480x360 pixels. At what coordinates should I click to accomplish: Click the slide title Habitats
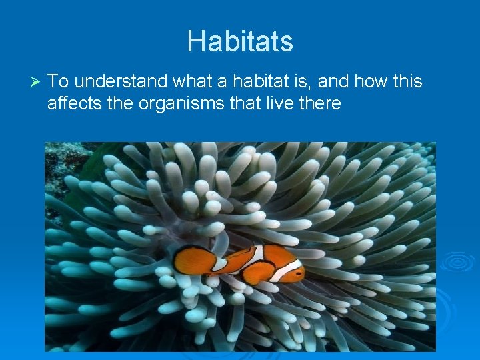pyautogui.click(x=240, y=41)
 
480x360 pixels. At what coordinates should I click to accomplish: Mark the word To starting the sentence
pyautogui.click(x=58, y=82)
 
